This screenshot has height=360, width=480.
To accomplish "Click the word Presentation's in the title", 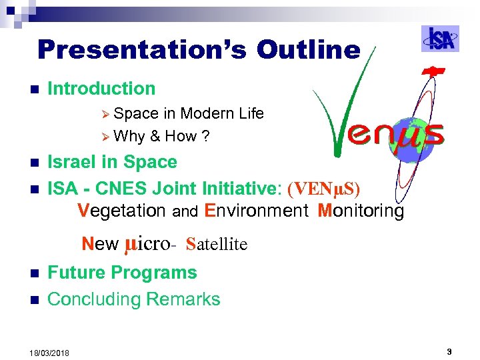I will (x=143, y=50).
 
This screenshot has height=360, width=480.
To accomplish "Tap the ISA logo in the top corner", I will (x=440, y=39).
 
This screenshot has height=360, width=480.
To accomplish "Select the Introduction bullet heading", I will (x=101, y=88).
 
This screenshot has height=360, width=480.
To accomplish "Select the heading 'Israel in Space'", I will (x=112, y=162).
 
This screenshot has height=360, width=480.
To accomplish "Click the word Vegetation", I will (x=121, y=211).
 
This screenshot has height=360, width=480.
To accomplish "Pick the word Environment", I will (x=257, y=211).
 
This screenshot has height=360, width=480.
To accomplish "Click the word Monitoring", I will (x=361, y=211).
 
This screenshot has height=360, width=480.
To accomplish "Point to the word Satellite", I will (x=217, y=244).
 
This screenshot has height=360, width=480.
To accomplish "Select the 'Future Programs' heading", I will (x=122, y=273).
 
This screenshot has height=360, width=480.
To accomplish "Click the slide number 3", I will (x=449, y=351).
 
